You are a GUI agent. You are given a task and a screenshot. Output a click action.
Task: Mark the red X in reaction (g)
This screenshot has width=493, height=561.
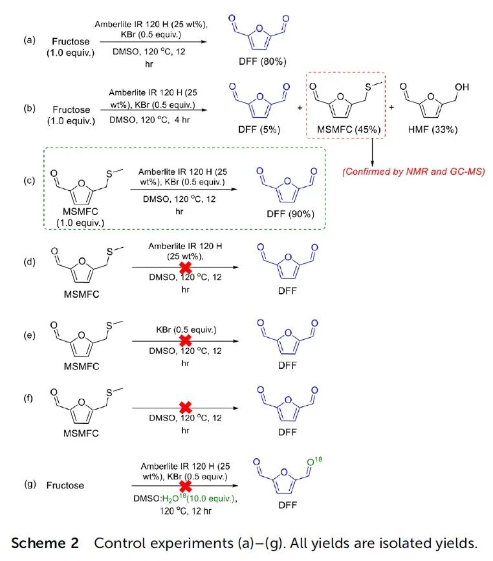(x=185, y=484)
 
